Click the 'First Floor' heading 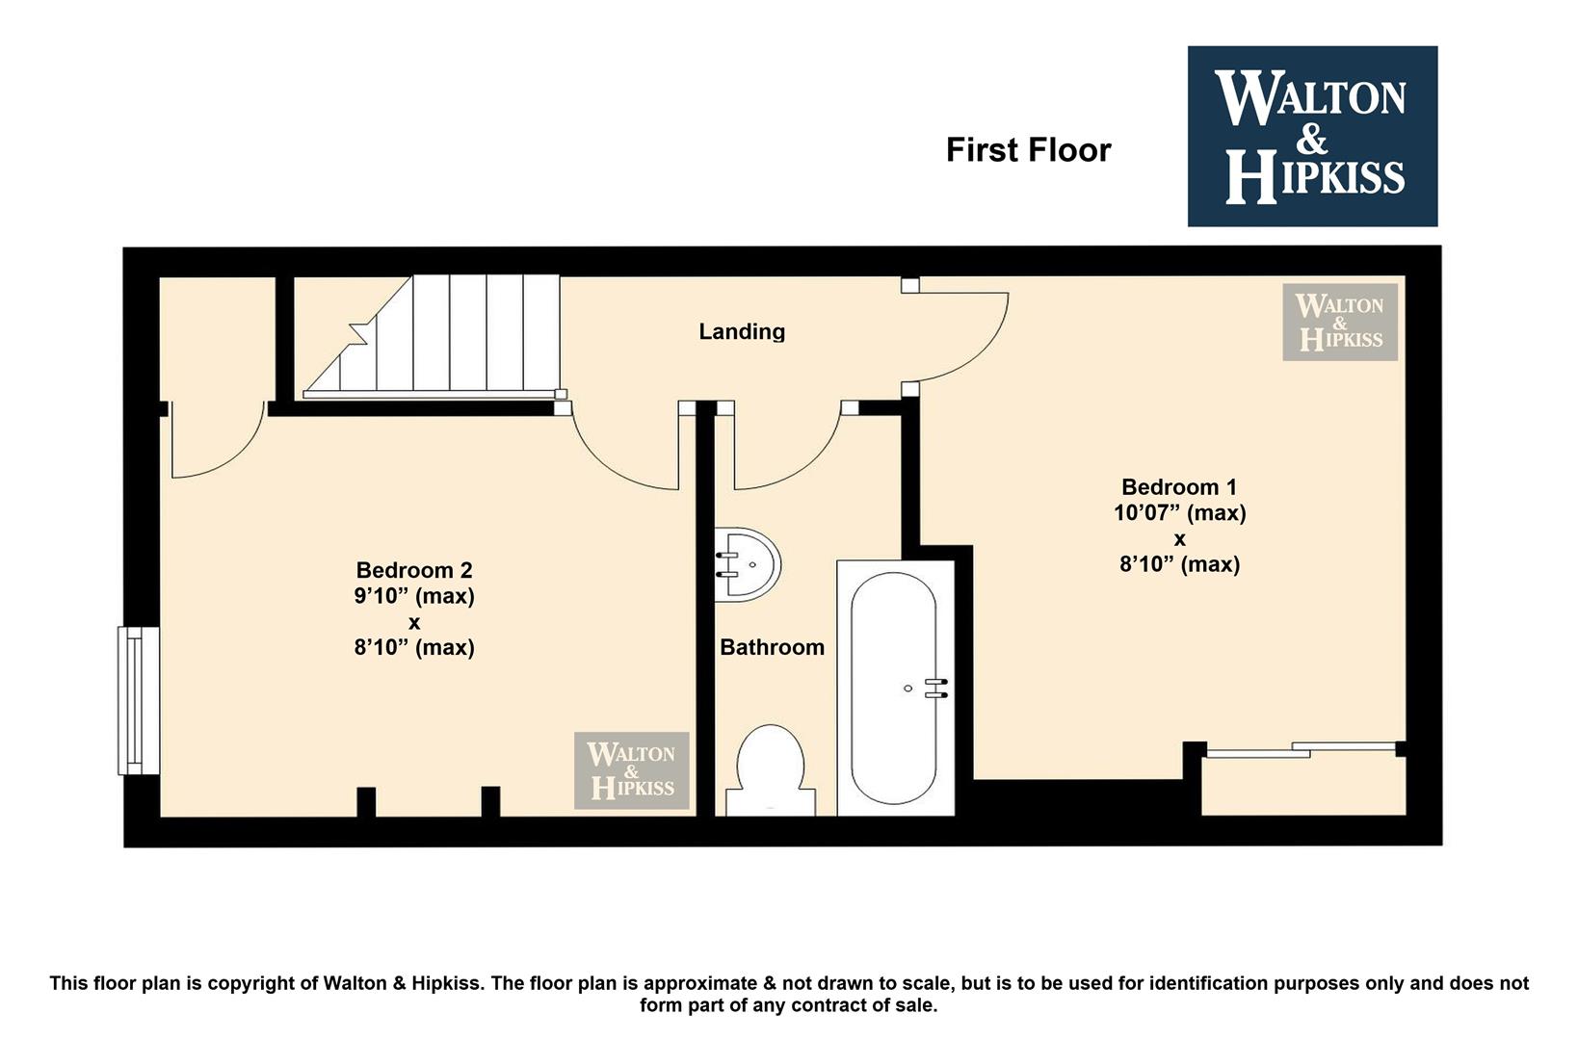1028,150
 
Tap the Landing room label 742,331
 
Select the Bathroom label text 772,647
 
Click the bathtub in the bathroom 895,688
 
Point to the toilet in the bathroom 771,771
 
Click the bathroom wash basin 748,564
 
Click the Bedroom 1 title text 1179,487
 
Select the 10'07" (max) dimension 1179,512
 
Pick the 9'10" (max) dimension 414,596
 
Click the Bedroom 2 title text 414,570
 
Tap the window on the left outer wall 138,701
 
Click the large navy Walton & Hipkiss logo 1312,136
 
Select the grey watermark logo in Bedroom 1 1340,323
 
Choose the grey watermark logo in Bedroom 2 631,770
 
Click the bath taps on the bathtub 936,688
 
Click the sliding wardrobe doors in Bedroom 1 1301,750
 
